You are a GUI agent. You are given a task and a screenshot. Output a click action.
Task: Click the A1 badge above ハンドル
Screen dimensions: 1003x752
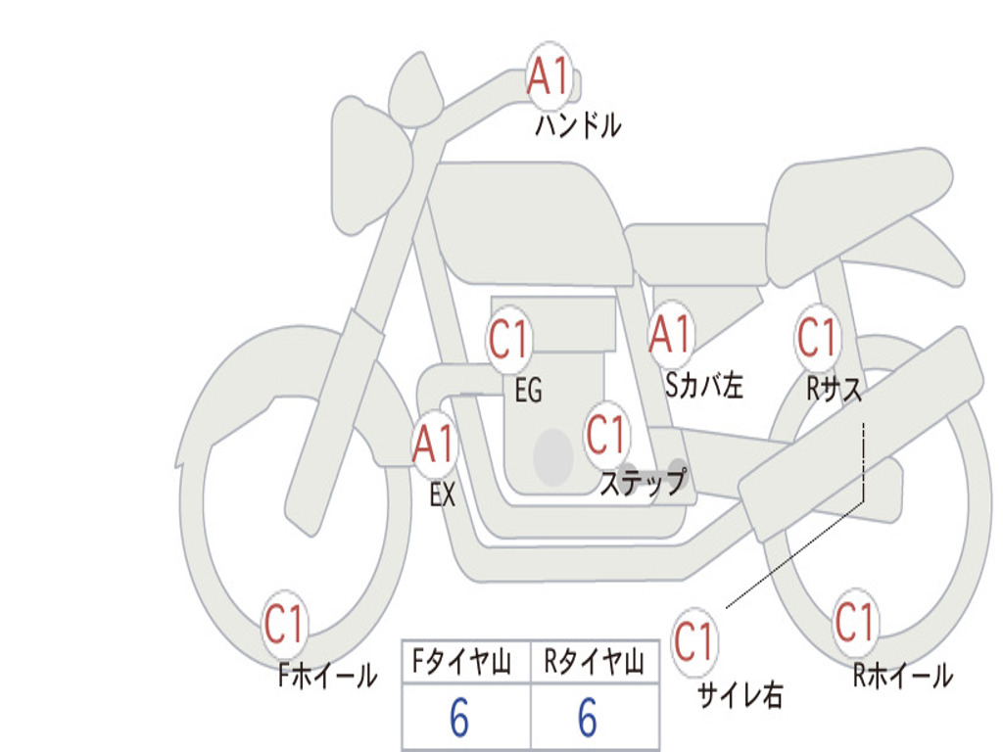click(549, 76)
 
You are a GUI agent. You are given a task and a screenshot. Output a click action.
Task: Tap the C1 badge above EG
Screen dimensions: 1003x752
click(509, 340)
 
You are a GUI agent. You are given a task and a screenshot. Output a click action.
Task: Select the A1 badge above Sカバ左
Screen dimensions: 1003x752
click(670, 335)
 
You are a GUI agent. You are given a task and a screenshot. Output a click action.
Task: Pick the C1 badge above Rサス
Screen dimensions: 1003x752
click(817, 338)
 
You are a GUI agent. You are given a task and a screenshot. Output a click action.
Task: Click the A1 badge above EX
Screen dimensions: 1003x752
click(435, 445)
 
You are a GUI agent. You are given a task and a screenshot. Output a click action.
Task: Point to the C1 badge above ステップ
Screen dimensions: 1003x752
click(605, 435)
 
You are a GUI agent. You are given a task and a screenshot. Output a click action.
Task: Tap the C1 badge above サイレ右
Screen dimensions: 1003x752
click(694, 641)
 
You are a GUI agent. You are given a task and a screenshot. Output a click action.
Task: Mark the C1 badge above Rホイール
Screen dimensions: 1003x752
click(854, 622)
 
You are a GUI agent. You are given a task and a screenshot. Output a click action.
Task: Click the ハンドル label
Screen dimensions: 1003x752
click(578, 124)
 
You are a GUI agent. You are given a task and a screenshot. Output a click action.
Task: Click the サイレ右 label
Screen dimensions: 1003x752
click(740, 695)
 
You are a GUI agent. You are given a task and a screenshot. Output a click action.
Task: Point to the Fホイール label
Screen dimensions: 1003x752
click(327, 676)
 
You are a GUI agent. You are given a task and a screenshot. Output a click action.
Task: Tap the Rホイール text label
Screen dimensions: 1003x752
click(902, 676)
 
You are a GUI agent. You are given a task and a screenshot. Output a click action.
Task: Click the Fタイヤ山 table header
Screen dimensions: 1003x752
click(462, 662)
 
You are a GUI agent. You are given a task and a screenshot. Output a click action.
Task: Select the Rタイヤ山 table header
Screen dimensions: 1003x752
click(594, 662)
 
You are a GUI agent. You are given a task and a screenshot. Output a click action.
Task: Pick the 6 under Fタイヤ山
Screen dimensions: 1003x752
click(459, 717)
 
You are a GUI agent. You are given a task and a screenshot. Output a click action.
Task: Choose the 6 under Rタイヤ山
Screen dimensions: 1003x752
click(588, 717)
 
